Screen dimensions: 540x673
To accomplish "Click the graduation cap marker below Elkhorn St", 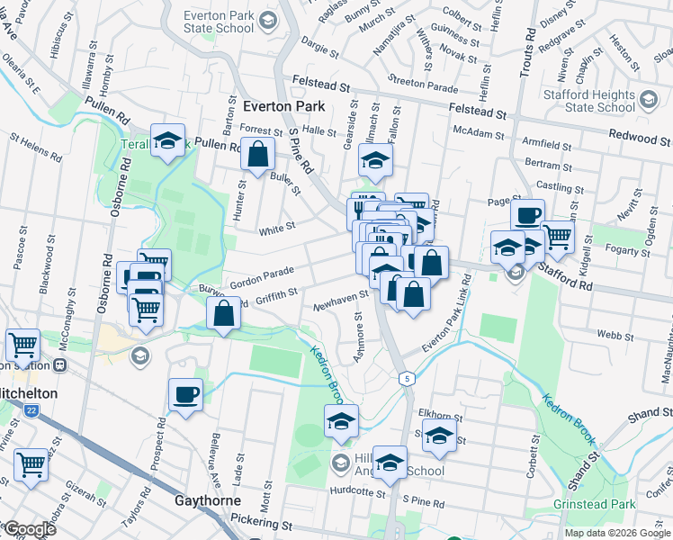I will (439, 436).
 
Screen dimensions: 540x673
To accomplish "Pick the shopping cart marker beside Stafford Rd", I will (558, 237).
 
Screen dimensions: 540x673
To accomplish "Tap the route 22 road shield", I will (31, 410).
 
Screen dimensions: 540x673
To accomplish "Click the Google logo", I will (30, 529).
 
